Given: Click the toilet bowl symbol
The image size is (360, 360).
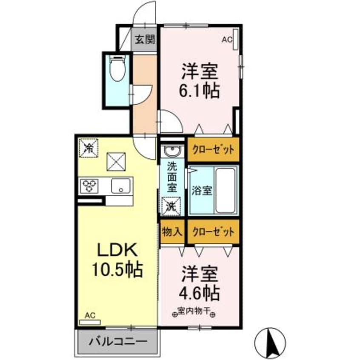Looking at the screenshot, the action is coord(117,68).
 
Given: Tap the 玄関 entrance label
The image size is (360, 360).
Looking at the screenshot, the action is coord(145,40).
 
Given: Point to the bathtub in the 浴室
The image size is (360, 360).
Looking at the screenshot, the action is coord(226,191).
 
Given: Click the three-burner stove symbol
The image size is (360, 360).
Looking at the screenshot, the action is coord(89,186).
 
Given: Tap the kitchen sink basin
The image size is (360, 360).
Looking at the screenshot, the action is coord(121,186).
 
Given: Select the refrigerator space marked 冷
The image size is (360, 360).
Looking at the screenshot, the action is coord(89,148).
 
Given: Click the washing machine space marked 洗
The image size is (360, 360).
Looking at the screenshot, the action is coord(171,206).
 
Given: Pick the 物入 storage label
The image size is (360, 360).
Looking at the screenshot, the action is coord(172,232).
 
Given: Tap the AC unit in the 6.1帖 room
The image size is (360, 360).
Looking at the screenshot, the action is coord(236,39).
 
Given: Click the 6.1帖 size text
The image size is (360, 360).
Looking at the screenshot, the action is coord(199,91).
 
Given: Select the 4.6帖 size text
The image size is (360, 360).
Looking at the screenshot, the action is coord(199,292).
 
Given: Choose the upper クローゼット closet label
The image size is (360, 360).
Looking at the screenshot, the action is coord(214,150).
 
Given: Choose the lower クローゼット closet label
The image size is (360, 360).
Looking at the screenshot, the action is coord(214,232).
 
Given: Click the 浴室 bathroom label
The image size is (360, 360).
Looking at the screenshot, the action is coord(202,191).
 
